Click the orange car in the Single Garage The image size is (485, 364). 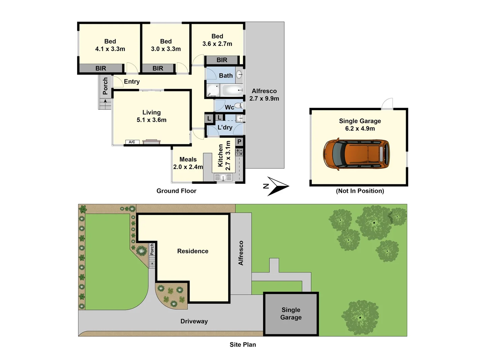coord(356,154)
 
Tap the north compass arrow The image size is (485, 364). coord(277,186)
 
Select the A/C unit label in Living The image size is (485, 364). coord(132,142)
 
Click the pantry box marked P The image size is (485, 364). coord(239,142)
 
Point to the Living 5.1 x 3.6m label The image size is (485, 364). coord(152,116)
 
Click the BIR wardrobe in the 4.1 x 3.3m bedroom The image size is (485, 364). coord(101,68)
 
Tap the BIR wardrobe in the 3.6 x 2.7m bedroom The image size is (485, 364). coord(222,60)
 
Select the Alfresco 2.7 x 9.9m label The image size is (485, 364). coord(264,95)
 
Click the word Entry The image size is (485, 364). coord(132,82)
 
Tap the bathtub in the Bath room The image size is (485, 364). coord(232,90)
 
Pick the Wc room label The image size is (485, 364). coord(229,107)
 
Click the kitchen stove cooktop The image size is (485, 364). coord(239,152)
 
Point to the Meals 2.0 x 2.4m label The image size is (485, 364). coord(188,163)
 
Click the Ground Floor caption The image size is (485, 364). coord(176,191)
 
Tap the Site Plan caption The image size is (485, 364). coord(243,344)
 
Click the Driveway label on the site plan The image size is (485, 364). coord(194,321)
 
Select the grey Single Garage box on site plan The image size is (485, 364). coord(291,314)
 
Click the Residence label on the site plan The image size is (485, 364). coord(193,251)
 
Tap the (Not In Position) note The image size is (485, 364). coord(360,191)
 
